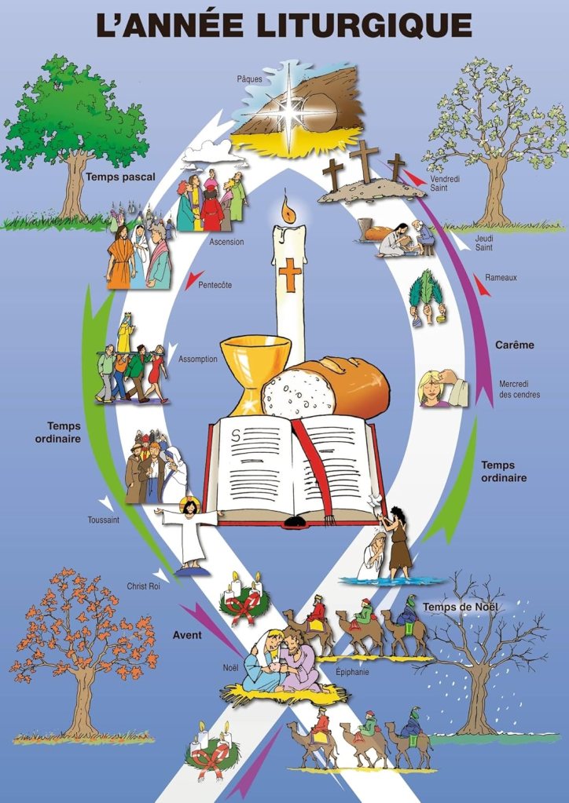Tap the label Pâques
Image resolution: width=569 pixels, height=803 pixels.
tap(250, 78)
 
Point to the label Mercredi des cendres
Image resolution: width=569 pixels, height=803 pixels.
tap(519, 389)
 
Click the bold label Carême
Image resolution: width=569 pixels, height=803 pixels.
tap(514, 345)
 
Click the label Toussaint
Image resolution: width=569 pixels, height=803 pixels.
tap(103, 519)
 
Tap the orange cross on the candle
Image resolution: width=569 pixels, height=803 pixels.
tap(291, 275)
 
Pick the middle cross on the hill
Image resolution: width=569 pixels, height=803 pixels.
tap(364, 160)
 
